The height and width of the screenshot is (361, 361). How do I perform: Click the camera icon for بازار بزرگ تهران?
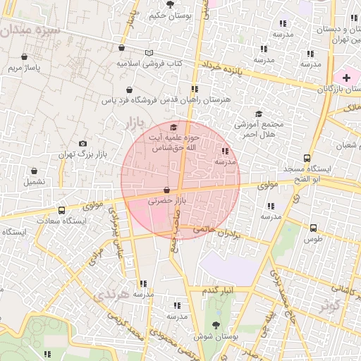83,143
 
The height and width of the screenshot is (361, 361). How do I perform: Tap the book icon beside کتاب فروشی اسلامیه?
149,53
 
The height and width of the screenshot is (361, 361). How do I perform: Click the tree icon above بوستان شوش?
216,325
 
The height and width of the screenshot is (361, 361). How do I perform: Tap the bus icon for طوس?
313,228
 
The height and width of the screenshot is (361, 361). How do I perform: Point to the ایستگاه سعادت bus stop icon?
62,210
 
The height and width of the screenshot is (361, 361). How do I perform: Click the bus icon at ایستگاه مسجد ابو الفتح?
307,159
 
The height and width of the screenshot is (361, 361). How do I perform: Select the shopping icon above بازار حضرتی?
166,190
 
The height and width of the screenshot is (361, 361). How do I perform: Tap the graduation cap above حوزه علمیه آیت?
173,127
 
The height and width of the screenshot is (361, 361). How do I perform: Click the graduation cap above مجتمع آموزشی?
259,114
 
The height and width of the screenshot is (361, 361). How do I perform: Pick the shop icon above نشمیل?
34,171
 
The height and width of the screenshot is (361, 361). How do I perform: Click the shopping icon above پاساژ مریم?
25,57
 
